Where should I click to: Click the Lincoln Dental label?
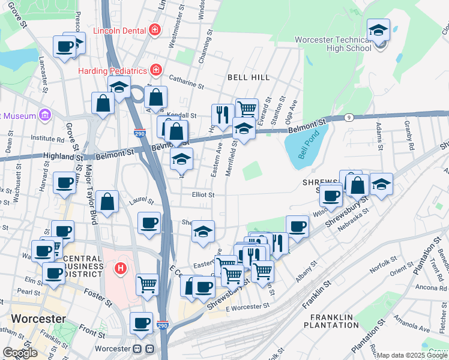pos(119,29)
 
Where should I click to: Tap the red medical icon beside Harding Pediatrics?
pos(156,70)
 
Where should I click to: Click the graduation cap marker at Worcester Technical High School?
pos(379,30)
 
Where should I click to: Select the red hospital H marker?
pos(121,268)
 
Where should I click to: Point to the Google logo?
pos(20,352)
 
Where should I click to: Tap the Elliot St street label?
pos(203,194)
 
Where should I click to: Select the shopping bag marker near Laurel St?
pos(107,203)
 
